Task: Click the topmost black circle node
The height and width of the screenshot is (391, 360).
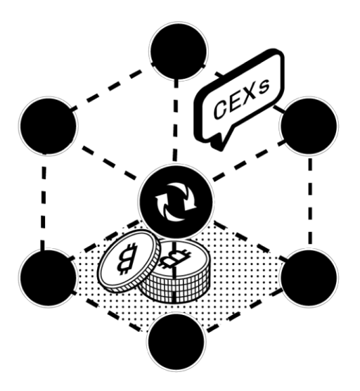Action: (x=179, y=51)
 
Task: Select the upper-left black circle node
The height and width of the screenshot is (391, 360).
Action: (x=49, y=126)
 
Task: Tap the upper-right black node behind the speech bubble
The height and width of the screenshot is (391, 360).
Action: (x=309, y=126)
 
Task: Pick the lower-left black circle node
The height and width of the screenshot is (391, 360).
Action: (x=47, y=278)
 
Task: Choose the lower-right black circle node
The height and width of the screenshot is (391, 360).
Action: (x=309, y=278)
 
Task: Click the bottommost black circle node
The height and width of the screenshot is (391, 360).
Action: (x=176, y=342)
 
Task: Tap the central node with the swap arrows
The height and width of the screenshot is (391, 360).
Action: (x=176, y=202)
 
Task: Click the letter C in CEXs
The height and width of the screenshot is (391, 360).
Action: (x=221, y=108)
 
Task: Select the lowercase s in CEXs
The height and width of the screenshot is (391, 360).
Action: (x=264, y=87)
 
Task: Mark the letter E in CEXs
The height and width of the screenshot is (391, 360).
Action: (x=234, y=103)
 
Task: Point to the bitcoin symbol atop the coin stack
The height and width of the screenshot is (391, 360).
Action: (x=175, y=259)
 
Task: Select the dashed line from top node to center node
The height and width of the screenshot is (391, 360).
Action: (x=176, y=121)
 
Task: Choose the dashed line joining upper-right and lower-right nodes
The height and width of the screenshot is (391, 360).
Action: (x=310, y=201)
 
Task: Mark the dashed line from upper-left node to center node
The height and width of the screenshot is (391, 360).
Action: (x=109, y=162)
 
